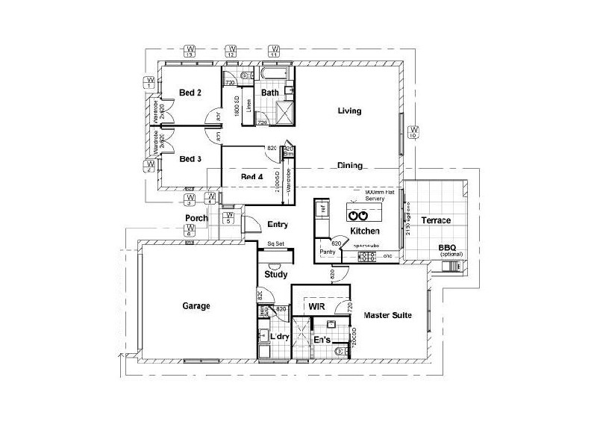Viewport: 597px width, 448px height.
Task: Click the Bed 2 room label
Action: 190,93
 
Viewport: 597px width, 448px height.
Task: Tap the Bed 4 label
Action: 251,177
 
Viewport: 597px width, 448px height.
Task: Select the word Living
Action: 349,111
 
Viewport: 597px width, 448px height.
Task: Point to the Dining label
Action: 349,166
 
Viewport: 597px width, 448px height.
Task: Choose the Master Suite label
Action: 387,315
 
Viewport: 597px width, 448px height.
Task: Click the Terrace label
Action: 435,221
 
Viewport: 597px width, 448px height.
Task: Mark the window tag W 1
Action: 150,82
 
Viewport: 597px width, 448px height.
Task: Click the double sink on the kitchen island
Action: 359,215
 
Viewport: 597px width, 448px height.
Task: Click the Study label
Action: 276,275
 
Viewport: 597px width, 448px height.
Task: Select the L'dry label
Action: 279,338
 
